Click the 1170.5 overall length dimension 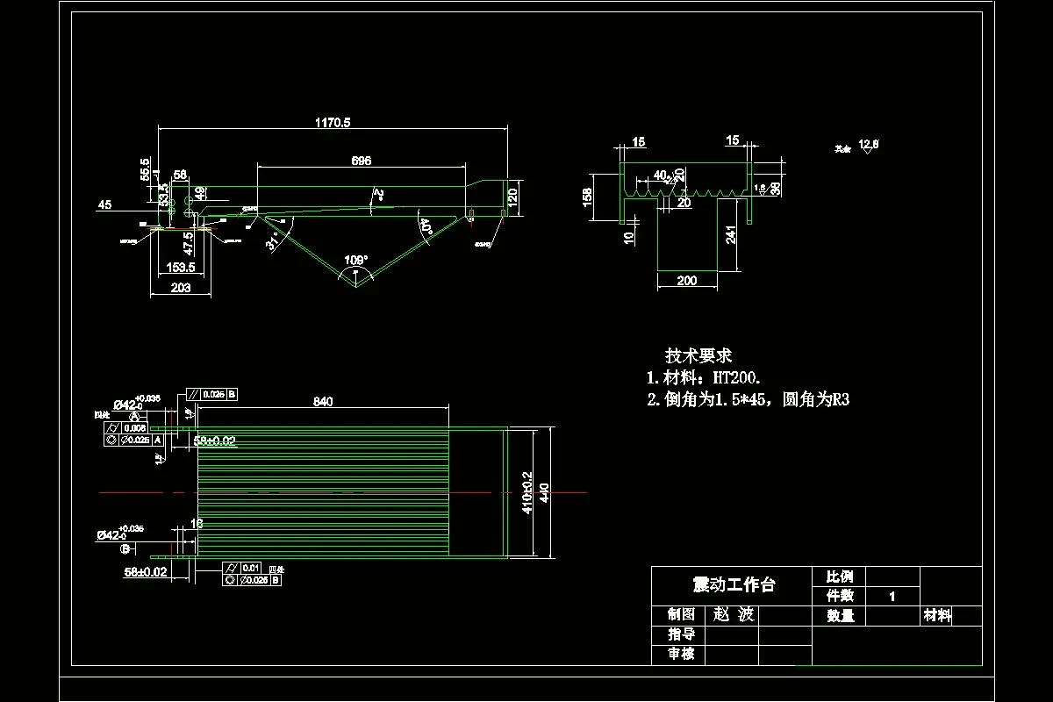333,123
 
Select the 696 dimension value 361,161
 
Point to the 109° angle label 355,260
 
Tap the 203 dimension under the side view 181,288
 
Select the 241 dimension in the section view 731,233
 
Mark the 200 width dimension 687,281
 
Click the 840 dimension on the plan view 323,402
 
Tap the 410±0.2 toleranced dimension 527,492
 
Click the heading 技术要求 698,356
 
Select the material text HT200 733,378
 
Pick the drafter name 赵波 734,615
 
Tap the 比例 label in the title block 840,577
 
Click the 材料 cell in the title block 937,616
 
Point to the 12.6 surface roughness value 869,143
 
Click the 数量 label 840,616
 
